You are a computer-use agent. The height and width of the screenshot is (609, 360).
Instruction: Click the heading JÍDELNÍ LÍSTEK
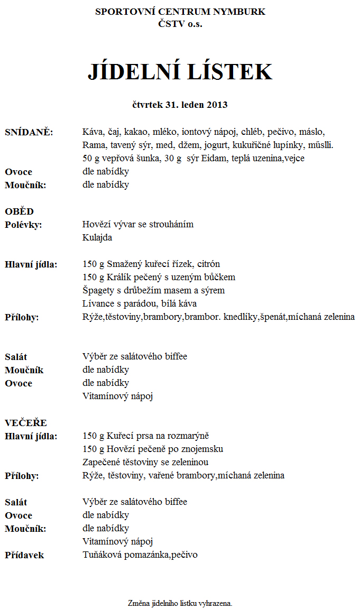tap(180, 72)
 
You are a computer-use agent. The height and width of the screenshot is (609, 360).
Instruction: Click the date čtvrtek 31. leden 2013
tap(180, 105)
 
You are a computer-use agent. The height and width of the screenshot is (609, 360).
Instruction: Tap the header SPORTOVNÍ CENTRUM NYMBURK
tap(180, 12)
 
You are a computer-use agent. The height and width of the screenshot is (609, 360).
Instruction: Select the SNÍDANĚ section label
tap(29, 132)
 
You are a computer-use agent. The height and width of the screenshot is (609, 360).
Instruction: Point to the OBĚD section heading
tap(20, 211)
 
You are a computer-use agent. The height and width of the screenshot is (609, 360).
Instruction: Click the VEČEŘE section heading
tap(26, 423)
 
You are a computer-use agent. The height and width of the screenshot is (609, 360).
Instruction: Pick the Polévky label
tap(23, 225)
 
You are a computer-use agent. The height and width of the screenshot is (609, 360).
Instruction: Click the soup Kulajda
tap(97, 238)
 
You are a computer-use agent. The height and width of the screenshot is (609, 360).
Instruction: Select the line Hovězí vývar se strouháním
tap(138, 225)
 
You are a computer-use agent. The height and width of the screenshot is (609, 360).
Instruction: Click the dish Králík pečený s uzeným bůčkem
tap(159, 278)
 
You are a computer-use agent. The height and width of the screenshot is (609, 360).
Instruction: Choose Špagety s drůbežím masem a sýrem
tap(153, 291)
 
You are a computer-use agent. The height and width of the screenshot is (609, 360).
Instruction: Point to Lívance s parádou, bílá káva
tap(140, 304)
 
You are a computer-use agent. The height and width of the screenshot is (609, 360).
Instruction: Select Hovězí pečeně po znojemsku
tap(153, 449)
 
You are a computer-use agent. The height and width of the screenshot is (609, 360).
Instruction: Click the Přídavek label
tap(24, 555)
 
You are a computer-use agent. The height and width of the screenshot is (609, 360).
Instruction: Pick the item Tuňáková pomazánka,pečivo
tap(140, 555)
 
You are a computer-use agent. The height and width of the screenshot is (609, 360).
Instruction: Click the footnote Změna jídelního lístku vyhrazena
tap(180, 603)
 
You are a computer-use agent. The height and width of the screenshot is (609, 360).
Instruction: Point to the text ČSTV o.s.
tap(180, 24)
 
